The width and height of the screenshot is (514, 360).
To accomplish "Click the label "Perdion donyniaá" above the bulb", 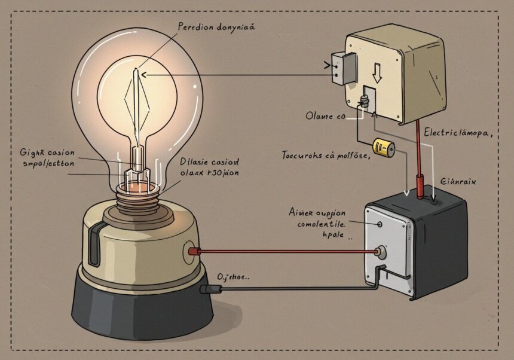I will click(218, 27).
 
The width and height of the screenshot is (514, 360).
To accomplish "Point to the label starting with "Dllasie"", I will click(209, 161).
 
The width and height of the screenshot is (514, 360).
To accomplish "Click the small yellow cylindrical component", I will click(381, 147).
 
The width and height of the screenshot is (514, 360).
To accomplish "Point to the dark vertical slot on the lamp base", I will click(93, 245).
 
